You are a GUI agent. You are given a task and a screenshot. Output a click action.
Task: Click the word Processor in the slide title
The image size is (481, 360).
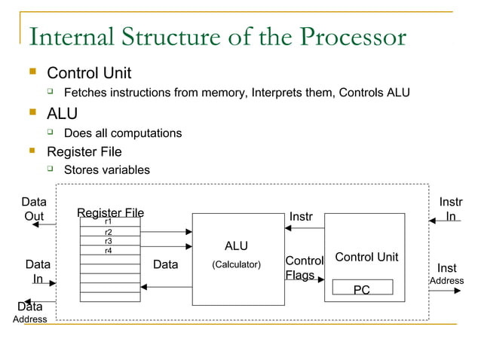point(352,37)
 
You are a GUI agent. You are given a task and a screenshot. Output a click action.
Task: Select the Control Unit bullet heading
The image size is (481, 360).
point(89,73)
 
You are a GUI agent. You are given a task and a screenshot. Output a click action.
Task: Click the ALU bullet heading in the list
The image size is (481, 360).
point(63,113)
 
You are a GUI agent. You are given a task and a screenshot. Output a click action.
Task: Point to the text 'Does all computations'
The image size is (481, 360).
point(123,133)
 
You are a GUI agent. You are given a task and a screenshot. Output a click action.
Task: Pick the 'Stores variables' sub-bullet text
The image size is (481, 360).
point(107,169)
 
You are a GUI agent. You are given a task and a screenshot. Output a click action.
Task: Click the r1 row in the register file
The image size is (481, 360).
point(109,222)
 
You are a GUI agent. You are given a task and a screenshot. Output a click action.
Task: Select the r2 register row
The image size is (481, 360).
point(109,233)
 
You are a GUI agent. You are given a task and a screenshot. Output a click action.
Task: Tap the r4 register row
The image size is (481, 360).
point(109,250)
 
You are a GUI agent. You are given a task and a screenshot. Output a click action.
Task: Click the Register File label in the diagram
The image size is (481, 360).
point(110,213)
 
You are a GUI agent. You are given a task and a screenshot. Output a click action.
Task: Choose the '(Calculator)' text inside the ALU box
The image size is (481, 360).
point(236,264)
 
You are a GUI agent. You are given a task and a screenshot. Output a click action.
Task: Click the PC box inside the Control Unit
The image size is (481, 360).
point(362,288)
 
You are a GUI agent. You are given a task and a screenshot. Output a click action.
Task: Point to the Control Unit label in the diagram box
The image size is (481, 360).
point(366,258)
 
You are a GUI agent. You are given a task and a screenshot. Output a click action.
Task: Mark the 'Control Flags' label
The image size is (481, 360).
point(303,268)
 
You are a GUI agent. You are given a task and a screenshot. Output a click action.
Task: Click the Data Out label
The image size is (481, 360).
point(33,209)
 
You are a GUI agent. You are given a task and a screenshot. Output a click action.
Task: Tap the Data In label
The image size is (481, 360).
point(38,271)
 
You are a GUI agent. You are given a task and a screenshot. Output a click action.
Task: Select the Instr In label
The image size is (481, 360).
point(451,209)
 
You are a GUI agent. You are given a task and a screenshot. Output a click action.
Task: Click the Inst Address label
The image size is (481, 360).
point(446,274)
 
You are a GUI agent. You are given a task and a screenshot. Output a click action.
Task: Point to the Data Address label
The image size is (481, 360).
point(30,313)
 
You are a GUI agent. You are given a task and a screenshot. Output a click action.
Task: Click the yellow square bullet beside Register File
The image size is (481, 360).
point(32,151)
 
